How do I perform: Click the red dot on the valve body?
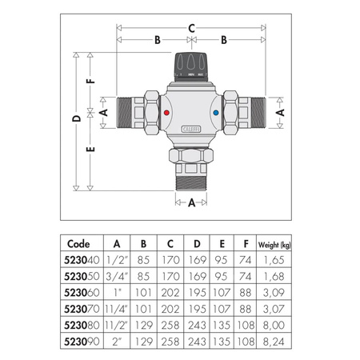166,115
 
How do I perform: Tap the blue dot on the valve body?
218,115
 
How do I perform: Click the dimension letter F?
91,81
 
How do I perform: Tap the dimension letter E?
91,149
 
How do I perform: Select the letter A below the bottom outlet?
192,203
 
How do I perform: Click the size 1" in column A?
118,292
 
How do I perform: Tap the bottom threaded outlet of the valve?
192,179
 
